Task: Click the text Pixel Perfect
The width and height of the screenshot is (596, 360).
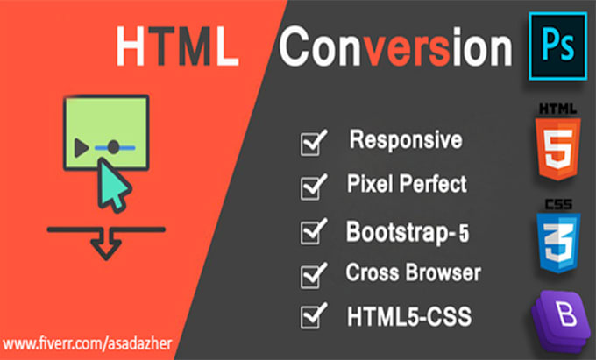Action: pos(407,185)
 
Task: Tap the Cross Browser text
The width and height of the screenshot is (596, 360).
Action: pos(413,273)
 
